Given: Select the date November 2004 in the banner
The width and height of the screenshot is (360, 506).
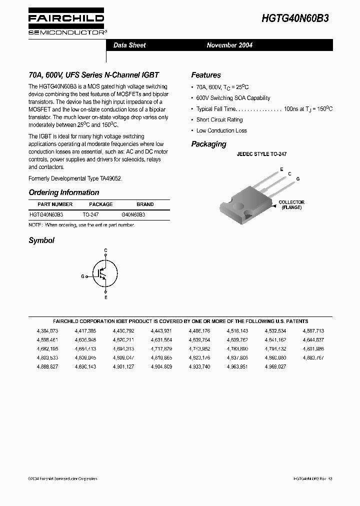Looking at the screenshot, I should click(x=229, y=45).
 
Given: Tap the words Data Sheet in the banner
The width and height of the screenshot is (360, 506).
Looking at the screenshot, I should click(x=129, y=45).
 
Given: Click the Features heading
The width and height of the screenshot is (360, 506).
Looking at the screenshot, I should click(x=205, y=75).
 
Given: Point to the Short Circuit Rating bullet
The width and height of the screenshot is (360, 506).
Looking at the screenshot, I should click(x=219, y=120).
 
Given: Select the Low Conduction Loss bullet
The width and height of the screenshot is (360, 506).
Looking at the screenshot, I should click(x=221, y=130).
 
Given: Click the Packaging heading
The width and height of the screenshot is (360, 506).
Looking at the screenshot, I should click(x=208, y=144).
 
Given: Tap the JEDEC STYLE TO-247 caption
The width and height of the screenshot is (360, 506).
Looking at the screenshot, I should click(x=261, y=155).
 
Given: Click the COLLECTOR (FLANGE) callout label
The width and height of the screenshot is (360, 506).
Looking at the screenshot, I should click(x=291, y=204).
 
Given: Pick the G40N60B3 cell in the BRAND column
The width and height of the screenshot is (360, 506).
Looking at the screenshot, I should click(x=133, y=214).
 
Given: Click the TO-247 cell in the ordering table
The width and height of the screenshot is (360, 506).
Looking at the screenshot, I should click(x=90, y=214).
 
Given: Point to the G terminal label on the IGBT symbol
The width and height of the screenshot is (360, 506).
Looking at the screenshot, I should click(x=82, y=276).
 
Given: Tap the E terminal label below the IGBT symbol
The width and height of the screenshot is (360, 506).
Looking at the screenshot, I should click(x=105, y=297).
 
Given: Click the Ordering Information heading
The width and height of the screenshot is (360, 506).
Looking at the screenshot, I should click(x=64, y=192).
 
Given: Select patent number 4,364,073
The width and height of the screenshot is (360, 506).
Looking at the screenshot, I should click(x=47, y=331).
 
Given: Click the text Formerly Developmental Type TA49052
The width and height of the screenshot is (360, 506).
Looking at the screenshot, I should click(x=75, y=178).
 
